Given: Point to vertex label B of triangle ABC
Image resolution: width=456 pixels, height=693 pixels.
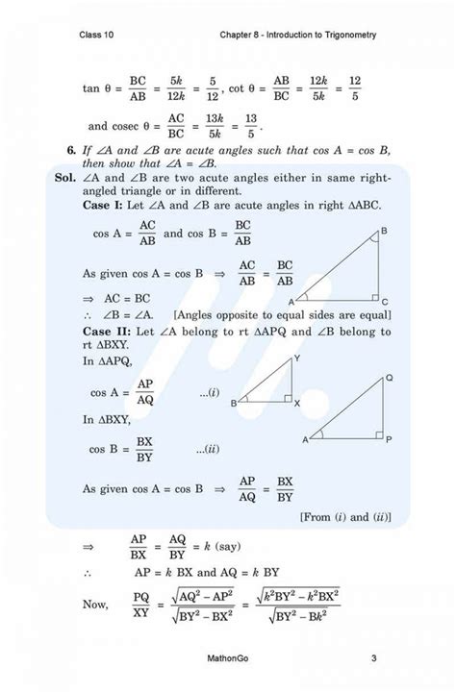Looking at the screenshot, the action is coord(384,232).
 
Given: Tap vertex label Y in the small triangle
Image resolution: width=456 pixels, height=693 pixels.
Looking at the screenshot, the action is coord(295,359).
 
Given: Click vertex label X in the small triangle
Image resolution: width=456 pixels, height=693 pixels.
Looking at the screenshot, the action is coord(296,404).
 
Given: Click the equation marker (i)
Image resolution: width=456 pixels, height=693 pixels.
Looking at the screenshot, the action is coord(209,391).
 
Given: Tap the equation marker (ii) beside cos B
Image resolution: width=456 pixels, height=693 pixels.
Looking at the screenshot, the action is coord(207,449).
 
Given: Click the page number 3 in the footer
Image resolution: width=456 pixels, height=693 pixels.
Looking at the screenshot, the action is coord(372,658).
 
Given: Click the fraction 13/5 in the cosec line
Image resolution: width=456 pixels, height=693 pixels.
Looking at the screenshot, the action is coord(252,126).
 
